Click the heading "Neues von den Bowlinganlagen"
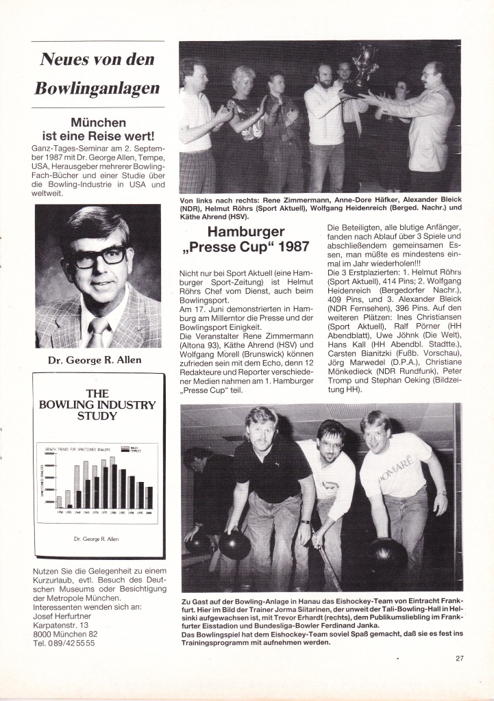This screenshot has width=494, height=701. coord(98,73)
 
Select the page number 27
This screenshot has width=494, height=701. coord(459,659)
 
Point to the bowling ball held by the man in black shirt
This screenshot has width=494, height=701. coord(235,544)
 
